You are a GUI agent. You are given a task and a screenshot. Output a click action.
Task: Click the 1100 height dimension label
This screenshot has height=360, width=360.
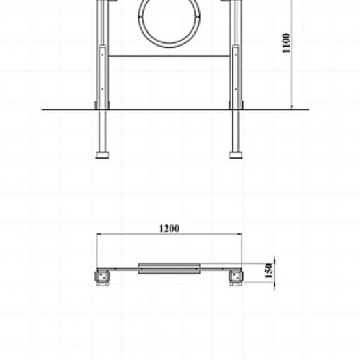(286, 43)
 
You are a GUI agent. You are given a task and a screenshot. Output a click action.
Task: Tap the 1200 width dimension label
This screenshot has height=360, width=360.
(169, 229)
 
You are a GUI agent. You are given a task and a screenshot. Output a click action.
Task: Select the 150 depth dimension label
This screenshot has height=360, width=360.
(269, 271)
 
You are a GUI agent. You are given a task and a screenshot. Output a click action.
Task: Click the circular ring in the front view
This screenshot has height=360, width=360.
(169, 45)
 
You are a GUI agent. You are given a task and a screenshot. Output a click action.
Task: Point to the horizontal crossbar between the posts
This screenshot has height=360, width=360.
(169, 56)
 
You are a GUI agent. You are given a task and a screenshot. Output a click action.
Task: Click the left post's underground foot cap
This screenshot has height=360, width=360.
(102, 155)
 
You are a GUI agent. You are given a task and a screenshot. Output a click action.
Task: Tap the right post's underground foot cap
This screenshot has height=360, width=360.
(236, 155)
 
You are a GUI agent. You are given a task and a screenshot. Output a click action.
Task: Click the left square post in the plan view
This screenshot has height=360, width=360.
(102, 277)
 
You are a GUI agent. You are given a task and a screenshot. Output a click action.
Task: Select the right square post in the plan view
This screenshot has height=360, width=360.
(236, 277)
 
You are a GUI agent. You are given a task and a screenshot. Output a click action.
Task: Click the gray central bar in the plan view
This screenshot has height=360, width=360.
(169, 268)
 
